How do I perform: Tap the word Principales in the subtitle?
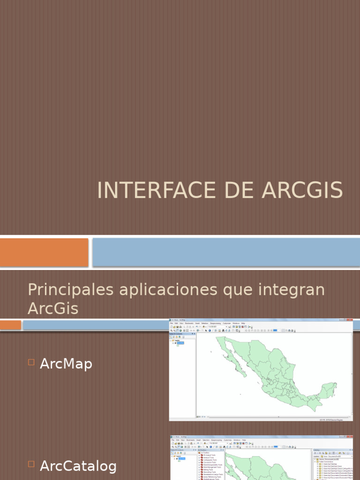coord(70,290)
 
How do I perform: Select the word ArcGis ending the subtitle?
coord(53,309)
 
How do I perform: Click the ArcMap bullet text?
coord(66,364)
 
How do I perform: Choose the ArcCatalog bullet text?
coord(78,465)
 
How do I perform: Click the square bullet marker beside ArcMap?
coord(31,362)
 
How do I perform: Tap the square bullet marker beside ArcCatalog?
coord(31,464)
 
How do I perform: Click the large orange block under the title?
coord(44,252)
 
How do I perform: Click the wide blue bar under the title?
coord(226,252)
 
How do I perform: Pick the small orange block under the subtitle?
coord(10,325)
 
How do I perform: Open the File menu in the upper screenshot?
coord(172,323)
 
